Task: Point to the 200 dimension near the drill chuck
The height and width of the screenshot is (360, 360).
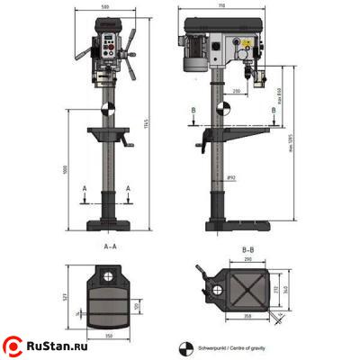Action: (x=235, y=91)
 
